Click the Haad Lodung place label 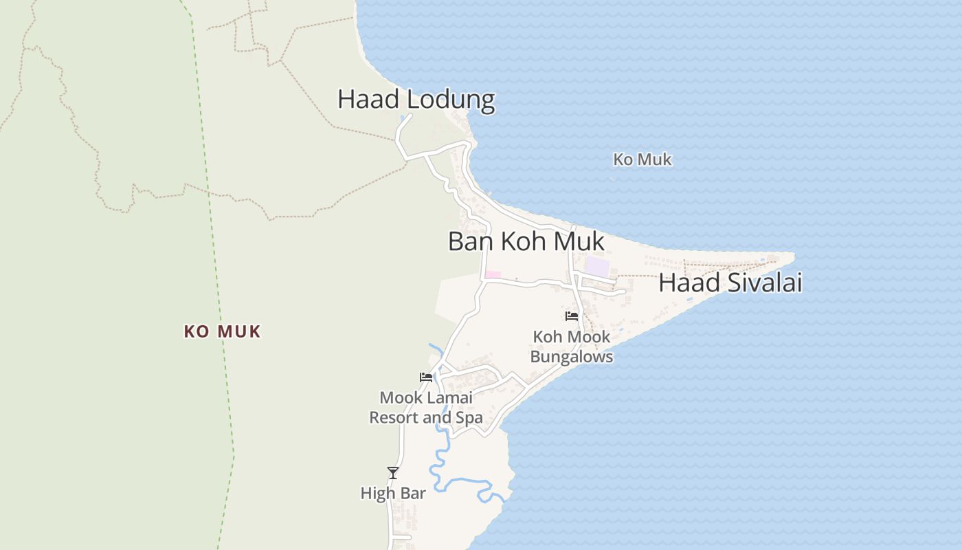tap(416, 100)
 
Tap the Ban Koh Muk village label tap(526, 241)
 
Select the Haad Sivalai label tap(730, 283)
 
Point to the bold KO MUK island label tap(222, 332)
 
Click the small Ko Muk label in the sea tap(642, 160)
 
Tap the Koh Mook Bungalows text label tap(571, 347)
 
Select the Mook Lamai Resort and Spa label tap(426, 408)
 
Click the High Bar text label tap(393, 494)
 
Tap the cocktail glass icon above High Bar tap(393, 473)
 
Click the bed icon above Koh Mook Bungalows tap(571, 316)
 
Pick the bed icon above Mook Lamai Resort tap(426, 377)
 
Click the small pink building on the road tap(493, 275)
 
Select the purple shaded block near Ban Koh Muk tap(597, 267)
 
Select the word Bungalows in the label tap(571, 357)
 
